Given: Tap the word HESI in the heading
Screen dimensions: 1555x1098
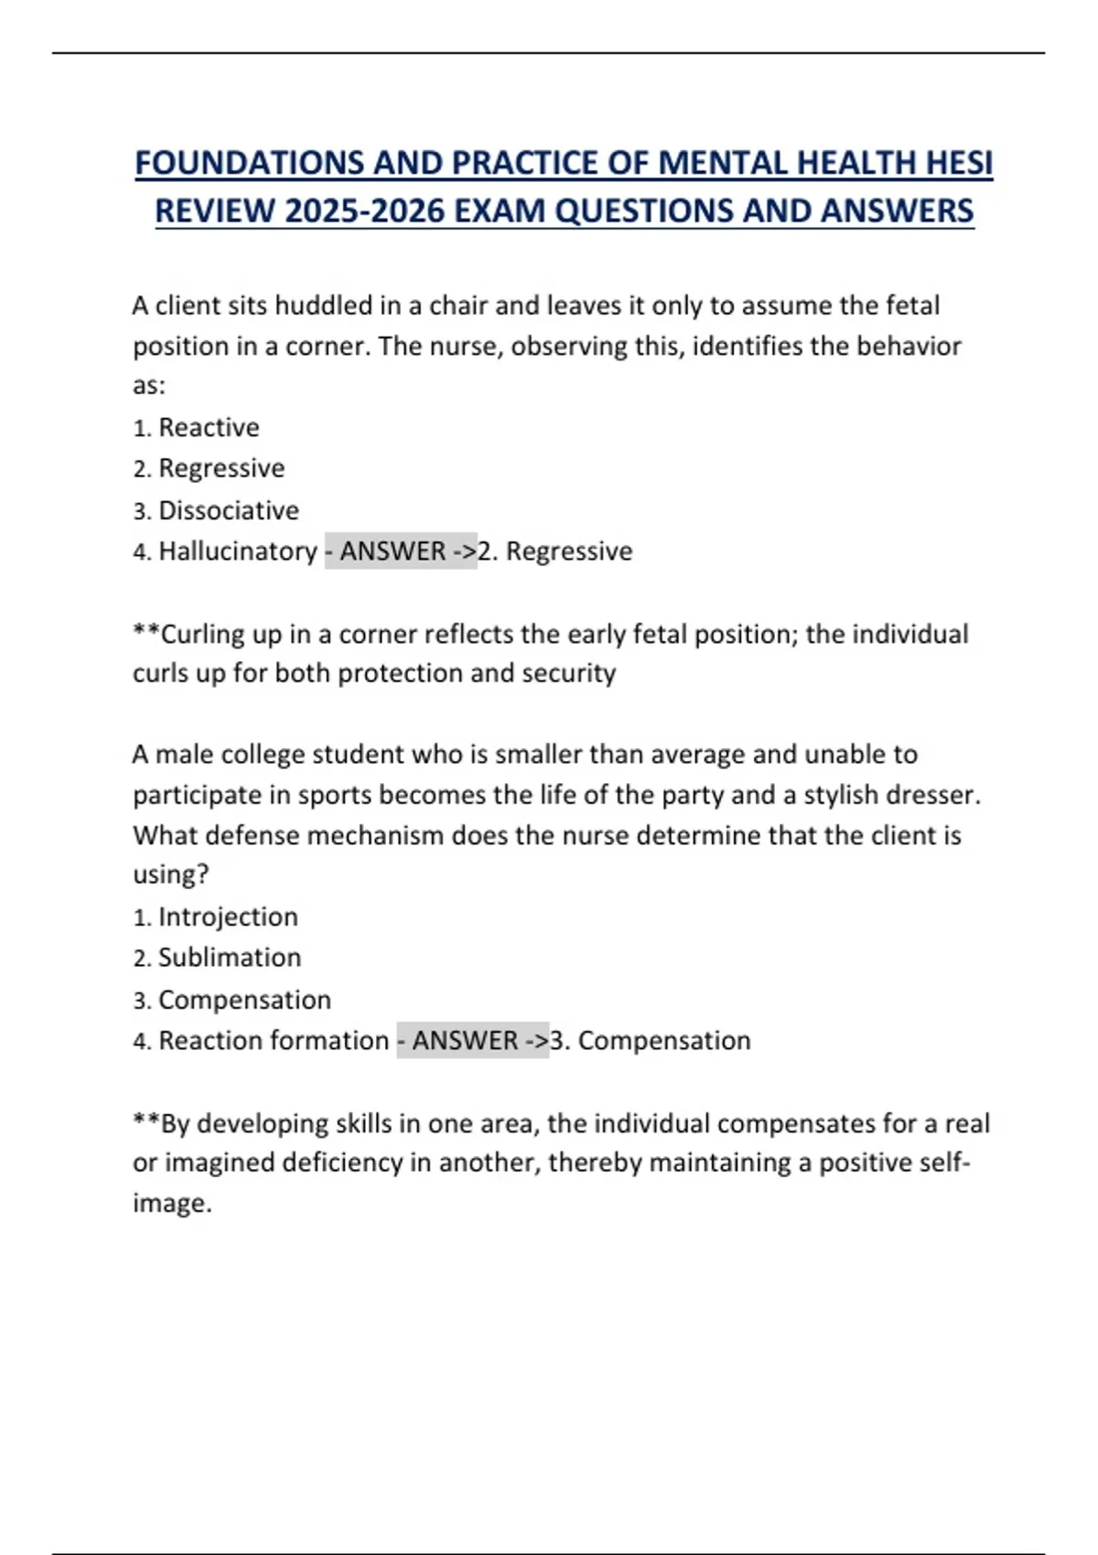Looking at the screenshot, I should tap(958, 163).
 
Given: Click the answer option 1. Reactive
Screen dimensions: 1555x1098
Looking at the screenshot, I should tap(196, 427).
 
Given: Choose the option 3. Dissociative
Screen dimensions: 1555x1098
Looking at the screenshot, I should tap(216, 509).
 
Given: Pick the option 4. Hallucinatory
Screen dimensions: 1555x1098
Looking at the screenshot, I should tap(225, 551).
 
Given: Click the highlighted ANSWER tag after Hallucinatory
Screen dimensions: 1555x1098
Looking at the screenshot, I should tap(401, 551).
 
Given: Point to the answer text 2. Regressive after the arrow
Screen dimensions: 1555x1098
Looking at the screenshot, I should tap(555, 551).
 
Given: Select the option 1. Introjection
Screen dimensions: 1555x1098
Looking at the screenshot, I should tap(216, 917).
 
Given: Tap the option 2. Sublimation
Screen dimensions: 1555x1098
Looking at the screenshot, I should tap(217, 958).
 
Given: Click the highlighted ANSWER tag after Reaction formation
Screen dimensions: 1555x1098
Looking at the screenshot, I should tap(473, 1040).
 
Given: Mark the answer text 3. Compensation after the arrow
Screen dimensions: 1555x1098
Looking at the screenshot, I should tap(651, 1040).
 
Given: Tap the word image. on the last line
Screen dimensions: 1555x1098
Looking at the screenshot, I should tap(172, 1203).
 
